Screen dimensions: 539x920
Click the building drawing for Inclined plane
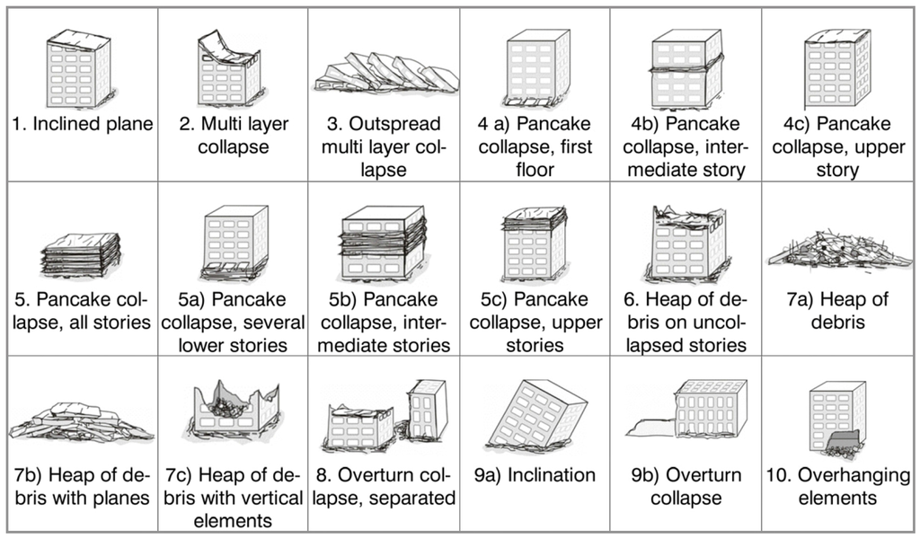[79, 69]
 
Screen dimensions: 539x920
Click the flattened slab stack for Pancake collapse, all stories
[81, 254]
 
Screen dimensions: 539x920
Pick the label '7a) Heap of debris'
[836, 310]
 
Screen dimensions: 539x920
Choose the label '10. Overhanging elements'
[836, 486]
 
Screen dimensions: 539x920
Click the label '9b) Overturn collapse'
[684, 486]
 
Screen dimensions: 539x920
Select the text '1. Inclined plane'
[82, 124]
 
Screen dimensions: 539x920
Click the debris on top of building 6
[686, 216]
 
